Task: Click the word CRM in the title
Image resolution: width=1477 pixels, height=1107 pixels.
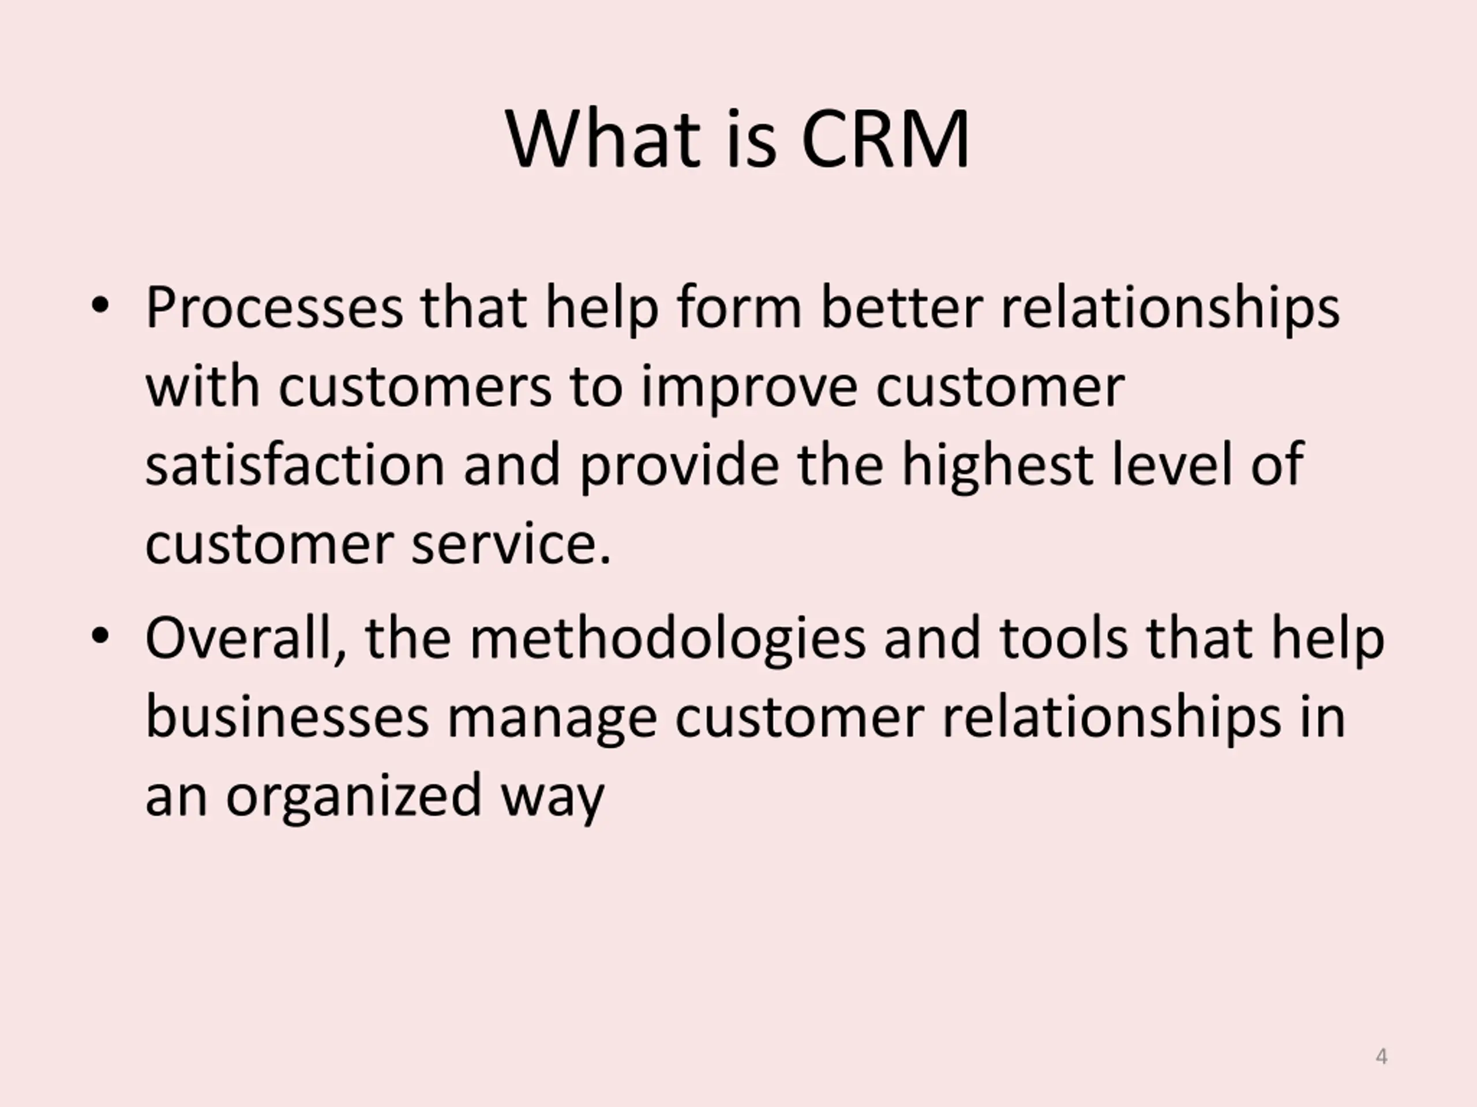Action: (884, 140)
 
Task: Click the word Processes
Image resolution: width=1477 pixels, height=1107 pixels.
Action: (275, 308)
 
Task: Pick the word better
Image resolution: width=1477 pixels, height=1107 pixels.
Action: (901, 308)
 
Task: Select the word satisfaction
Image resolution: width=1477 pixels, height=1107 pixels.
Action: (294, 465)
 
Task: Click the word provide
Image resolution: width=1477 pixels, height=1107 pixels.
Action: (678, 466)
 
